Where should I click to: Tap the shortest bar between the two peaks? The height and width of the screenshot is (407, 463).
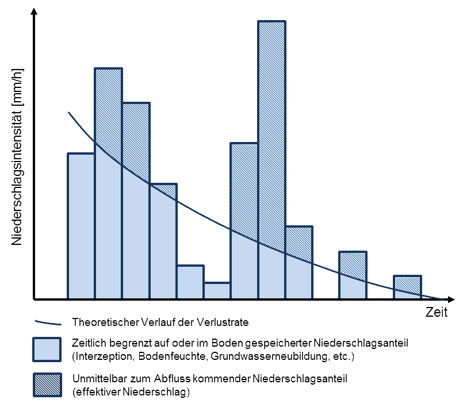click(217, 291)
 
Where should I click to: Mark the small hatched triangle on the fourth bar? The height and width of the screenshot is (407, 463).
click(167, 190)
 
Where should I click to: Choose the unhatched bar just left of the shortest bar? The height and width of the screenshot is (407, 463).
click(190, 282)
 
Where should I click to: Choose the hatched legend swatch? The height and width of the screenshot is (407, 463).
click(47, 386)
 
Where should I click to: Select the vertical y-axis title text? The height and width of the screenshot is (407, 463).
click(17, 158)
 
